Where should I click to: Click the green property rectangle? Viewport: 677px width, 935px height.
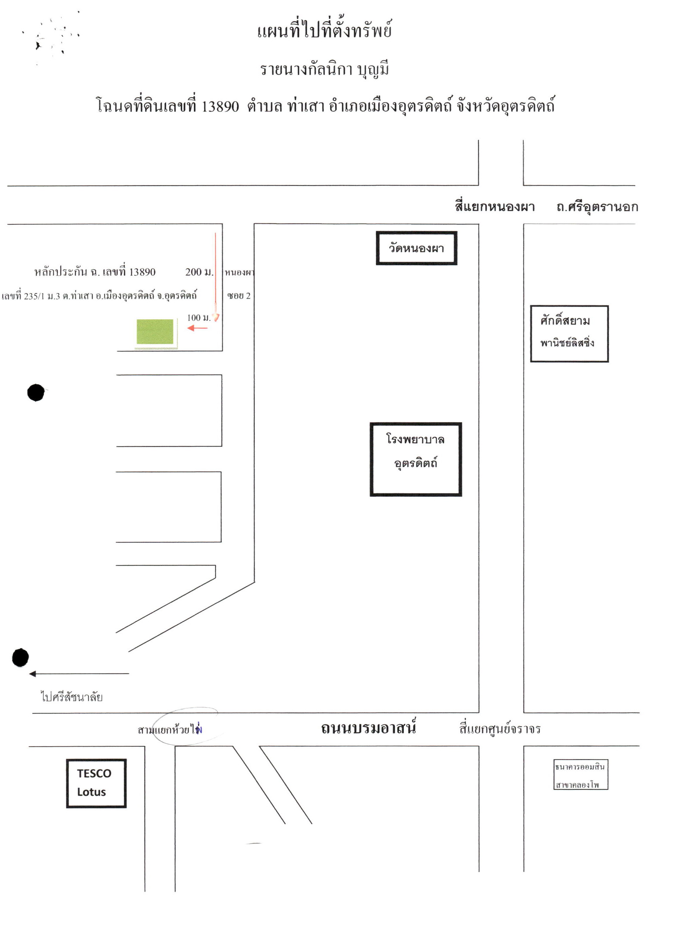coord(155,332)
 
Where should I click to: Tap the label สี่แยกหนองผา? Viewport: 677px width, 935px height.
coord(495,206)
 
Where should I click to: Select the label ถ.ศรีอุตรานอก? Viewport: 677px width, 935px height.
coord(597,206)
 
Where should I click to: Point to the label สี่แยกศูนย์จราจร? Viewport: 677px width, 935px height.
coord(500,729)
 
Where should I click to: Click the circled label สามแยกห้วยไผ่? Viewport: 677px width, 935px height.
coord(170,730)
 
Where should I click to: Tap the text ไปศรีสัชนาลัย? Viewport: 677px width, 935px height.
coord(72,697)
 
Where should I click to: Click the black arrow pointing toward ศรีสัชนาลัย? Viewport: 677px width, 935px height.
coord(79,674)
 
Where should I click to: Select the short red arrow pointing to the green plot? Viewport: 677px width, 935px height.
coord(197,328)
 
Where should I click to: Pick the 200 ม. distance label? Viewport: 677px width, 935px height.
coord(199,272)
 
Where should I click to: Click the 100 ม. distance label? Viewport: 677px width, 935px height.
coord(199,318)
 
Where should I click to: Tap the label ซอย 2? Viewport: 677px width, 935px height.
coord(239,295)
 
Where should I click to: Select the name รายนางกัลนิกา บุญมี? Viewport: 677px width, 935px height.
coord(324,69)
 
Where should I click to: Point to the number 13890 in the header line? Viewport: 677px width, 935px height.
coord(220,107)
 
